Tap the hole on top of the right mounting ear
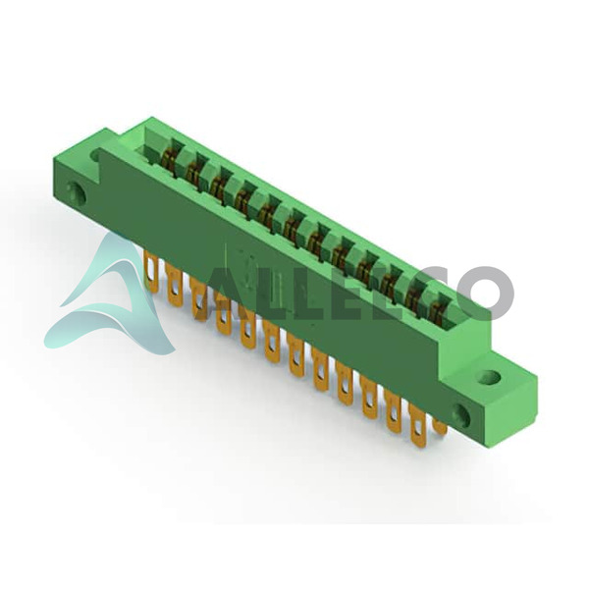[x=490, y=376]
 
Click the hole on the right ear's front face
[x=460, y=413]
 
